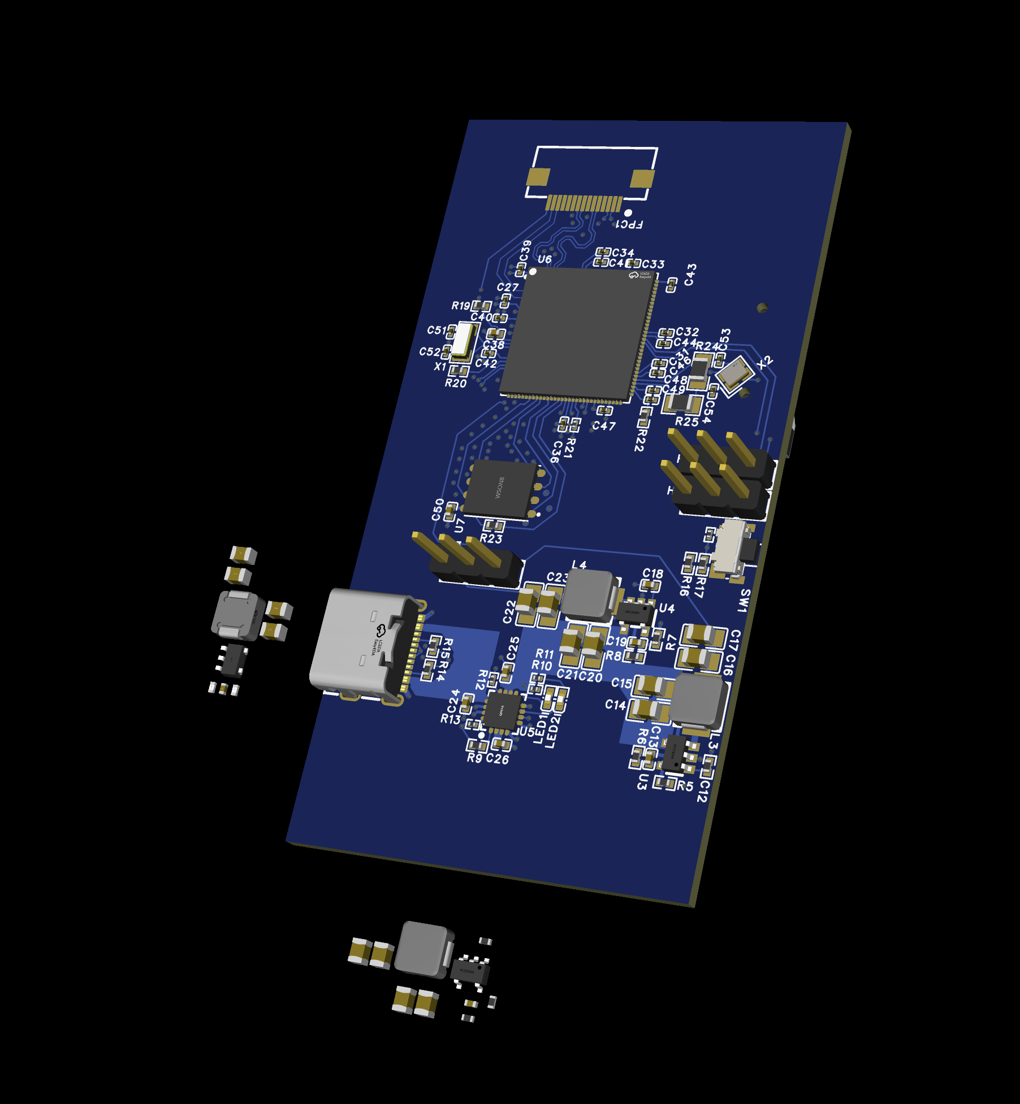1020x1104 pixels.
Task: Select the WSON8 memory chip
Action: click(x=500, y=489)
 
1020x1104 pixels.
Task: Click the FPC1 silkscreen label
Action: click(x=629, y=224)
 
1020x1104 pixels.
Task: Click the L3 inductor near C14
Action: click(x=697, y=701)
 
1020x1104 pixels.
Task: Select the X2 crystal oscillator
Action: click(x=734, y=373)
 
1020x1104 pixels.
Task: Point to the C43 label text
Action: click(x=690, y=275)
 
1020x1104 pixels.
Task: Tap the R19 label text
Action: click(x=460, y=306)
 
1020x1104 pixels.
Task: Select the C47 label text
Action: click(x=603, y=426)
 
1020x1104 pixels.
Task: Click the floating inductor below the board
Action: click(x=424, y=949)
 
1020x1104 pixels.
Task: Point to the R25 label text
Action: click(x=686, y=421)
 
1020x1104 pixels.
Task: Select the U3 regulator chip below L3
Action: click(x=675, y=753)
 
